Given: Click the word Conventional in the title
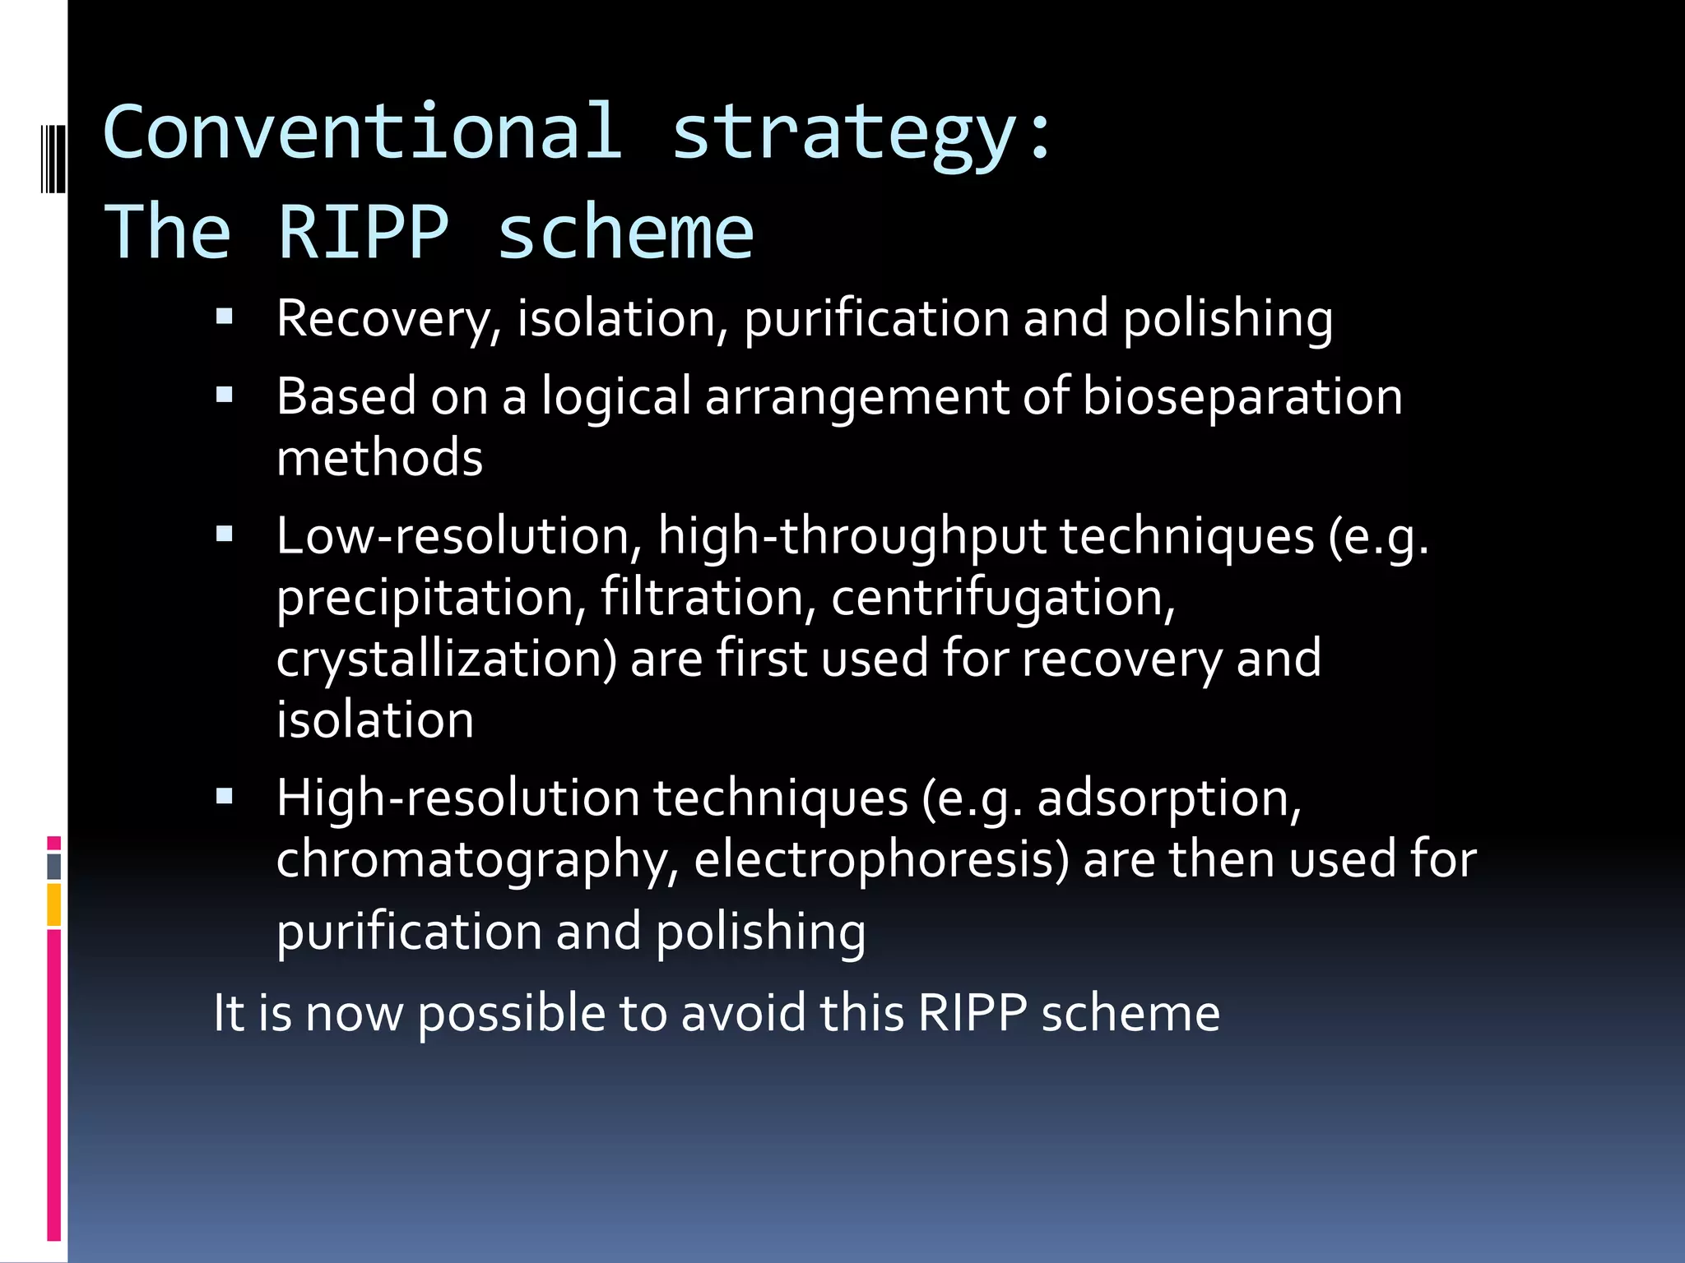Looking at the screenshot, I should point(362,132).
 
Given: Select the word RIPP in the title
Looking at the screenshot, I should point(364,233).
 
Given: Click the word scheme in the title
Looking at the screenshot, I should point(625,233).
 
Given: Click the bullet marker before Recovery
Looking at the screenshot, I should point(225,317).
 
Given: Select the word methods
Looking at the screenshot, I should point(379,458).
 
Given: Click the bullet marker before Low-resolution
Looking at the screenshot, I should point(225,535).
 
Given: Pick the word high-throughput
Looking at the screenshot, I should point(851,538).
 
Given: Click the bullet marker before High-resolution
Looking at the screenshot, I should point(225,796).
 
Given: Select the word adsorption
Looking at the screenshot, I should point(1168,800).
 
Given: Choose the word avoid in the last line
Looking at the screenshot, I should point(743,1013).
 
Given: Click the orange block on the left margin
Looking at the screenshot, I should point(53,904).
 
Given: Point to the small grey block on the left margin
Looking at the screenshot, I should point(53,866).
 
